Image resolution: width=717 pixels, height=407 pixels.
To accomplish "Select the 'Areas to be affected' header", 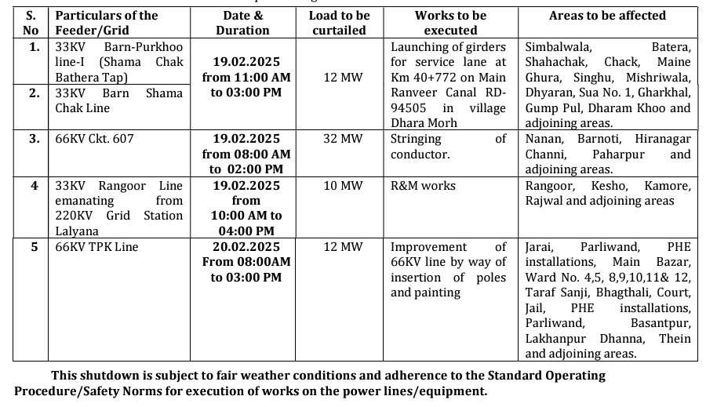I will click(x=607, y=16).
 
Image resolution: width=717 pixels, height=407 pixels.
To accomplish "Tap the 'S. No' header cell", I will click(x=31, y=23).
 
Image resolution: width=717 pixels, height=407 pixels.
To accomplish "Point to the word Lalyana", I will click(x=77, y=231).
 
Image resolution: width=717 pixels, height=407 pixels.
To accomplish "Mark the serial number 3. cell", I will click(x=34, y=139).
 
